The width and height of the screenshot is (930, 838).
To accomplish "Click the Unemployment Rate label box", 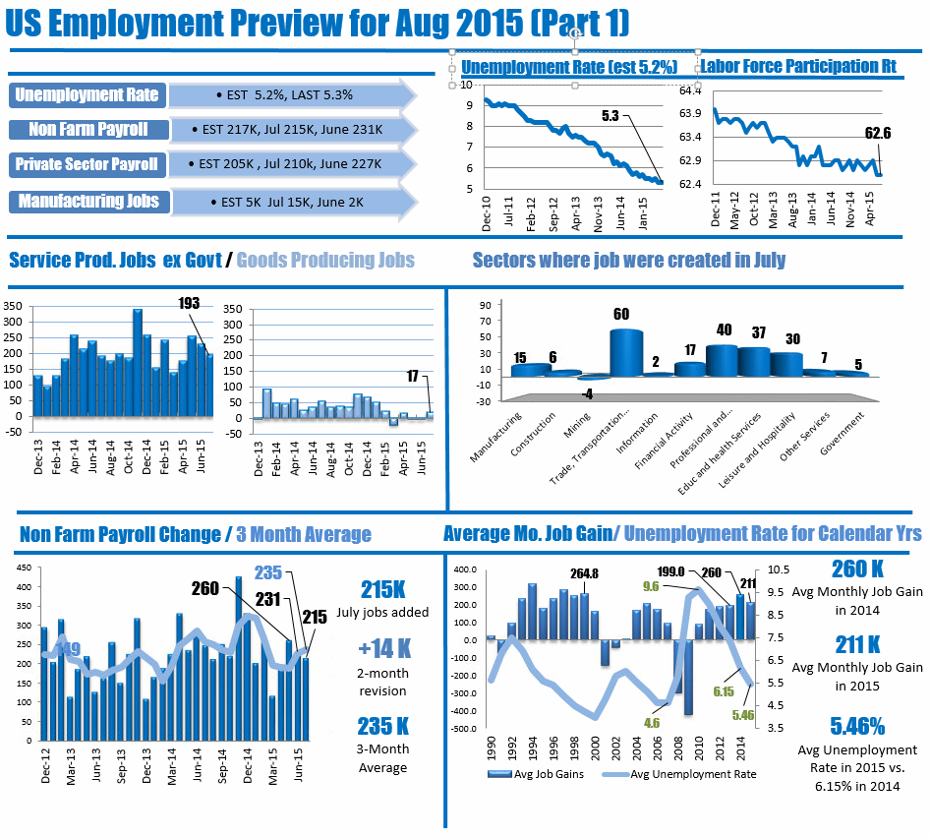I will click(x=87, y=95).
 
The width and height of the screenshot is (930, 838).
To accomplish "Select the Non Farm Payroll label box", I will click(x=87, y=130).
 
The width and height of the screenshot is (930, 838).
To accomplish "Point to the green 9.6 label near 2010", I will click(x=650, y=586).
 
